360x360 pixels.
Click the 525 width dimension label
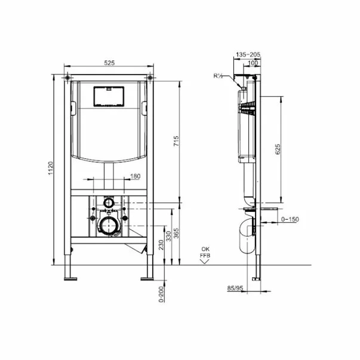[108, 61]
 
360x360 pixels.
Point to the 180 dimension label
[136, 176]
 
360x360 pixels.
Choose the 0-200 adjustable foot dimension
[161, 293]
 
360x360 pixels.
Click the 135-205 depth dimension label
[248, 54]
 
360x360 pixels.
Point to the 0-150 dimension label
[291, 220]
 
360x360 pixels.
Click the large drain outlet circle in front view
[108, 225]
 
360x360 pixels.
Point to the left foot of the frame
[70, 275]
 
